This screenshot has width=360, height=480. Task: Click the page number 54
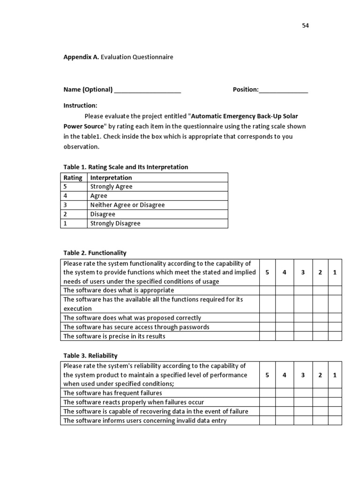(x=305, y=26)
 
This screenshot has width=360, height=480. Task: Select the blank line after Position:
(x=283, y=90)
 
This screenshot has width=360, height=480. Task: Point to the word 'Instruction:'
(x=80, y=106)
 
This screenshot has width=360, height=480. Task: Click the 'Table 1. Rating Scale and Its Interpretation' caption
(x=126, y=167)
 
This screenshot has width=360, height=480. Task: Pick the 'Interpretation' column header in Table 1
(x=111, y=178)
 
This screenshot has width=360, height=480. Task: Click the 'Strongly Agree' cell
(x=112, y=187)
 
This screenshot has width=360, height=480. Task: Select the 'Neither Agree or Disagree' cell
(x=127, y=205)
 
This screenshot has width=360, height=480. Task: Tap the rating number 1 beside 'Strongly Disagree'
(x=65, y=224)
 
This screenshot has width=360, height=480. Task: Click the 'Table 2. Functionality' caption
(x=95, y=253)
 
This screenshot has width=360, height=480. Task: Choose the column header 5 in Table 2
(x=267, y=272)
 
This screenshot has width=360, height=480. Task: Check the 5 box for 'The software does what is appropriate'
(x=267, y=291)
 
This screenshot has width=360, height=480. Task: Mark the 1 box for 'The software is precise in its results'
(x=335, y=336)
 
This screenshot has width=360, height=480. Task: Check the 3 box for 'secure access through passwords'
(x=303, y=327)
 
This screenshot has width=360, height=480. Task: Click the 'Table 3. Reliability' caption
(x=90, y=356)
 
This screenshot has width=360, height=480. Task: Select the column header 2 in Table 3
(x=320, y=375)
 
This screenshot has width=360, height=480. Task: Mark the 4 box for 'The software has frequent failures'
(x=284, y=393)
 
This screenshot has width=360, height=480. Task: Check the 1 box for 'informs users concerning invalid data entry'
(x=335, y=420)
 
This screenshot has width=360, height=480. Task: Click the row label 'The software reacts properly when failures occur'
(x=134, y=402)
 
